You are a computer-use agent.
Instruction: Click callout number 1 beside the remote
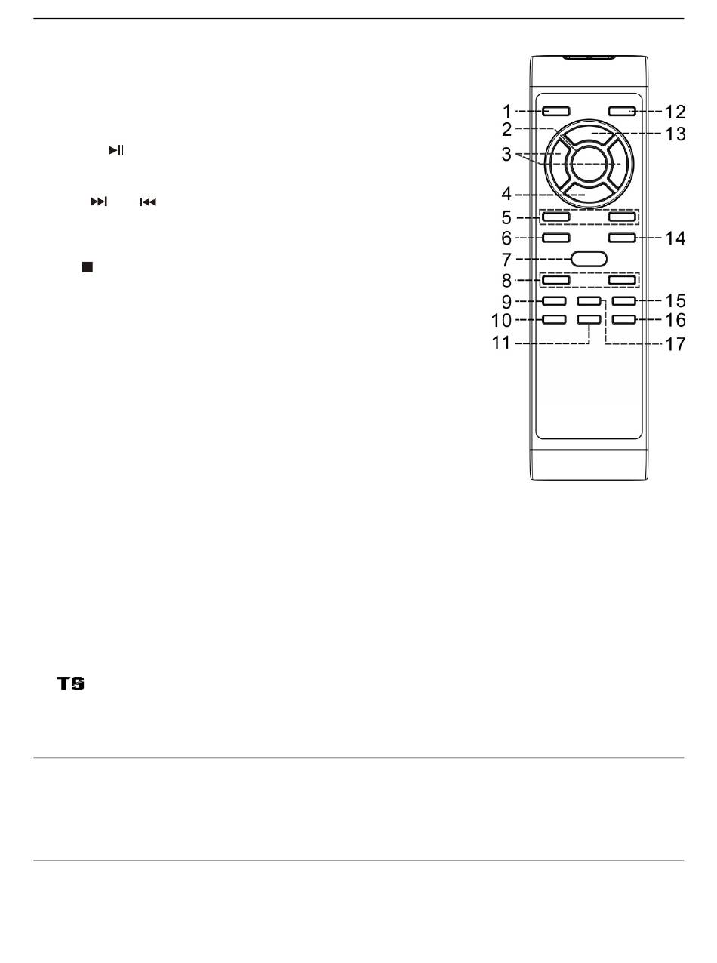click(507, 112)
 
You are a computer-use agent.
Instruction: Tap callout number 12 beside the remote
click(675, 112)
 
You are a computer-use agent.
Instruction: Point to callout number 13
click(675, 134)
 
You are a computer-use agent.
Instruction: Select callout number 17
click(675, 344)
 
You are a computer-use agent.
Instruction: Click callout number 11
click(500, 343)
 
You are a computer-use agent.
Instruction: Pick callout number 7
click(507, 260)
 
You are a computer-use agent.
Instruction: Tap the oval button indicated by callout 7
click(589, 259)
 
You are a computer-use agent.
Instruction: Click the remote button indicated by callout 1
click(556, 112)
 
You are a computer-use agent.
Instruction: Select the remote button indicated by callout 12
click(622, 112)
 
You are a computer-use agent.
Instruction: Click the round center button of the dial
click(589, 164)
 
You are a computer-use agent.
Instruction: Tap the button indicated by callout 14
click(622, 238)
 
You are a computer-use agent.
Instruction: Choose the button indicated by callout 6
click(556, 238)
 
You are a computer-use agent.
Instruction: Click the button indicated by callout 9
click(554, 301)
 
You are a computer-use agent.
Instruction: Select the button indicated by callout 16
click(623, 320)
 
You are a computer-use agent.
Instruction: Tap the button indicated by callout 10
click(554, 320)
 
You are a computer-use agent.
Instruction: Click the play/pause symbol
click(116, 150)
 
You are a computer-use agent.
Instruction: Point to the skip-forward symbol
click(99, 202)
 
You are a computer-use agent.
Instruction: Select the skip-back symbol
click(148, 202)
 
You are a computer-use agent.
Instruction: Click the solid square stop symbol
click(88, 266)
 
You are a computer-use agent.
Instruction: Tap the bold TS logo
click(71, 684)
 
